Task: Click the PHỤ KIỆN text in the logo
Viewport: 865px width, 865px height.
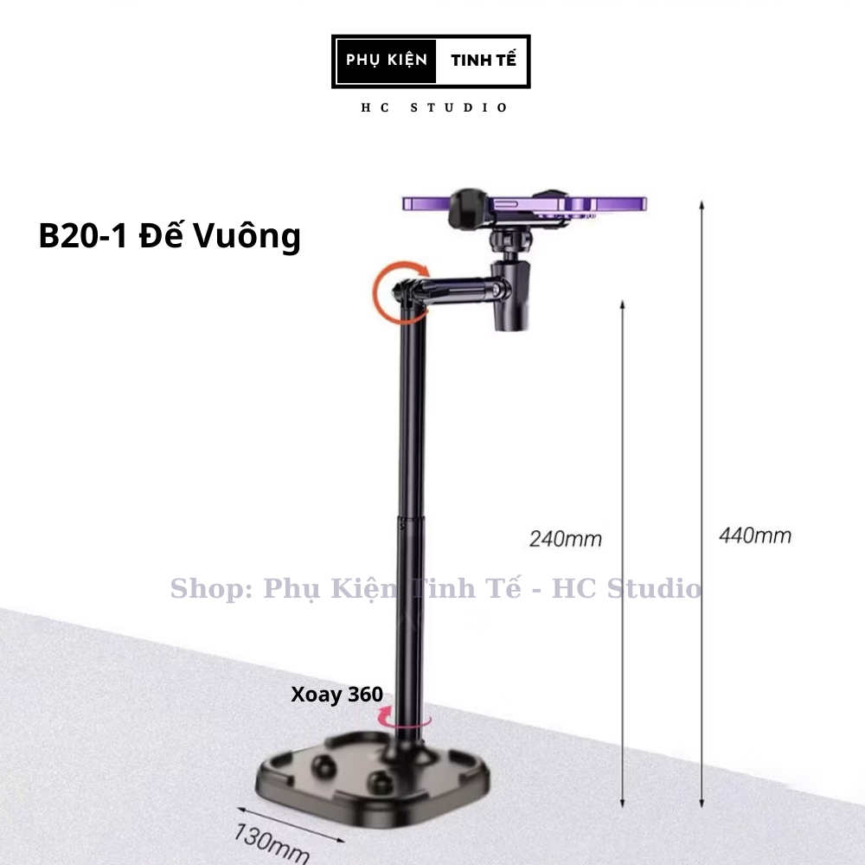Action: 386,61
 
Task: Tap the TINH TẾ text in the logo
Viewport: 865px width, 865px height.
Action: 484,61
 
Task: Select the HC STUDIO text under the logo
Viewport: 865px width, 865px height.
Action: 433,107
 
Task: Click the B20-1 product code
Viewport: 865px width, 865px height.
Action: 83,235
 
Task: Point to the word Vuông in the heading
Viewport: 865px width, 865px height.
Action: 247,237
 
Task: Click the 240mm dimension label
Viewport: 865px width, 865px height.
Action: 566,539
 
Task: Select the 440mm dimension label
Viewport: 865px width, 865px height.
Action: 754,535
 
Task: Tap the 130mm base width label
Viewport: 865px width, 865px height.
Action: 271,843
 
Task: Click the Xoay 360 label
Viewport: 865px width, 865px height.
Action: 336,695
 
